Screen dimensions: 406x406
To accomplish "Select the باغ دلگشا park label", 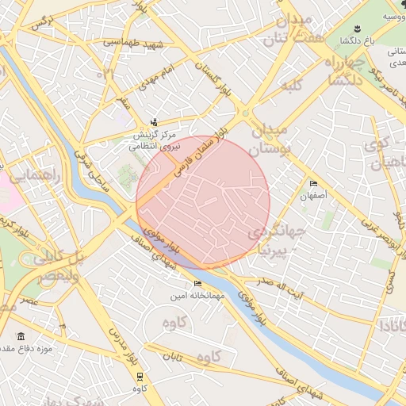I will pyautogui.click(x=356, y=40).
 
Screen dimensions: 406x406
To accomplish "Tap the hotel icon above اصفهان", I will pyautogui.click(x=314, y=183).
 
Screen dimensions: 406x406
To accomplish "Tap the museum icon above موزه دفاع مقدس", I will pyautogui.click(x=20, y=336).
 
